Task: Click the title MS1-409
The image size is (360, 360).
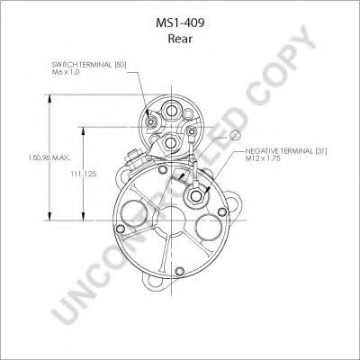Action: [x=180, y=23]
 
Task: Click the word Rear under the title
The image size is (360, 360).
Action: [x=180, y=39]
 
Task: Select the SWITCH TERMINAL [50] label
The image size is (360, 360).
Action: [x=89, y=65]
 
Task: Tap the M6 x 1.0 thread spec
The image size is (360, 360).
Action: [x=66, y=72]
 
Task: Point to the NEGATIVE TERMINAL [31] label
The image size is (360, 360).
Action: [x=286, y=151]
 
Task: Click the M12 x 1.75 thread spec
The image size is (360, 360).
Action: [x=263, y=158]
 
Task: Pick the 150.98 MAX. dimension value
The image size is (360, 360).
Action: [x=49, y=157]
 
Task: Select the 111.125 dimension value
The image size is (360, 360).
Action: [x=84, y=174]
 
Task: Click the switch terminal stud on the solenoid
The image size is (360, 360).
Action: [x=150, y=121]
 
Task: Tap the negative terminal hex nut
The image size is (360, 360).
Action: [x=196, y=195]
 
